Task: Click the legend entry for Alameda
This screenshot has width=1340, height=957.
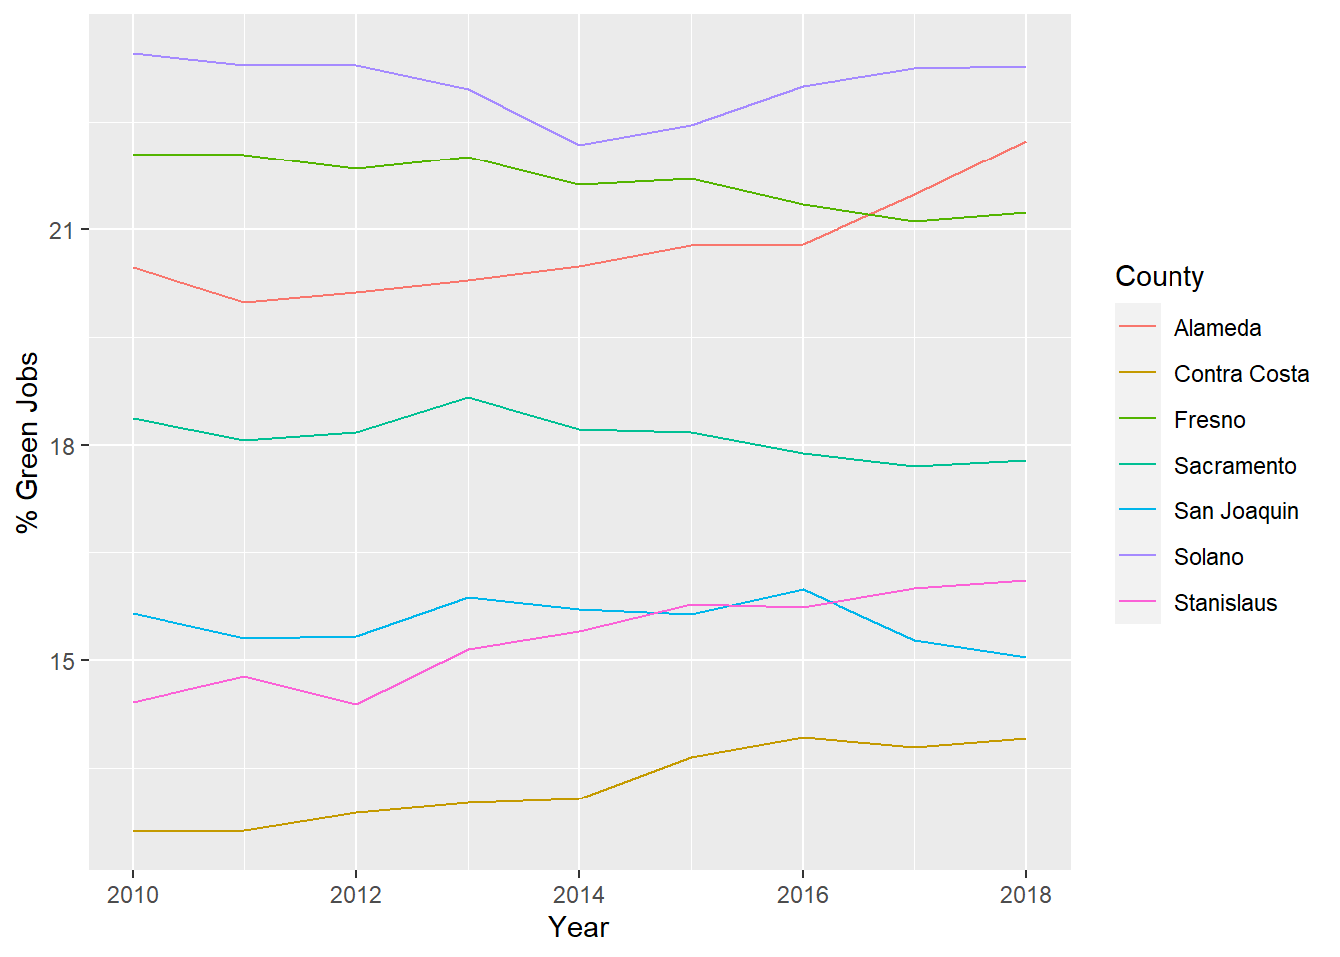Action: [x=1217, y=328]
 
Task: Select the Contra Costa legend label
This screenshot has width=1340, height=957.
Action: [x=1241, y=374]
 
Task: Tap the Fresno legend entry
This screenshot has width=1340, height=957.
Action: [x=1209, y=420]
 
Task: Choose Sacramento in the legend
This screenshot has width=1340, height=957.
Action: [x=1234, y=466]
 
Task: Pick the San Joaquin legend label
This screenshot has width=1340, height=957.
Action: [x=1235, y=511]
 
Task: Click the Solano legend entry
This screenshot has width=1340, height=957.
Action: [x=1208, y=557]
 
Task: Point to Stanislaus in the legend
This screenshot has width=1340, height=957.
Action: [x=1225, y=603]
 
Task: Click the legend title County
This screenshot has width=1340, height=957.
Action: [x=1159, y=276]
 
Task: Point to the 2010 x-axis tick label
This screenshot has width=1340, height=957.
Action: [x=133, y=894]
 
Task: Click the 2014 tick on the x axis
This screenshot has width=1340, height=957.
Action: [x=579, y=894]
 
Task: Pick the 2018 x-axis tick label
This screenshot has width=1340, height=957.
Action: [x=1025, y=894]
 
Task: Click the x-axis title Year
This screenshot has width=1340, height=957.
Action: [x=578, y=927]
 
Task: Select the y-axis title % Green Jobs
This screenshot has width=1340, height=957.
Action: [x=27, y=442]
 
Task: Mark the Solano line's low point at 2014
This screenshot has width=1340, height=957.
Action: [x=579, y=146]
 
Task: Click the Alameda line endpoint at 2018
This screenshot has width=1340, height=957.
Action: [x=1025, y=142]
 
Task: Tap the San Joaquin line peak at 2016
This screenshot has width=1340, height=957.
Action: [x=803, y=589]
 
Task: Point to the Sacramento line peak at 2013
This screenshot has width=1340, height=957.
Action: [x=468, y=397]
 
